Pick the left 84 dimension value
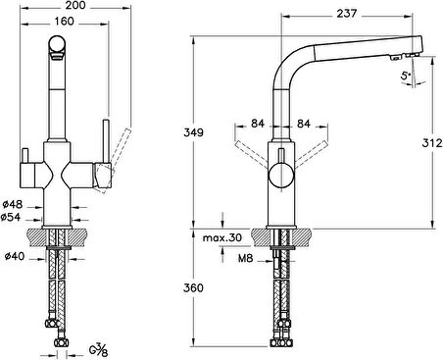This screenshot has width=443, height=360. (x=257, y=124)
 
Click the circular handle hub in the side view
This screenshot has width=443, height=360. (x=278, y=178)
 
